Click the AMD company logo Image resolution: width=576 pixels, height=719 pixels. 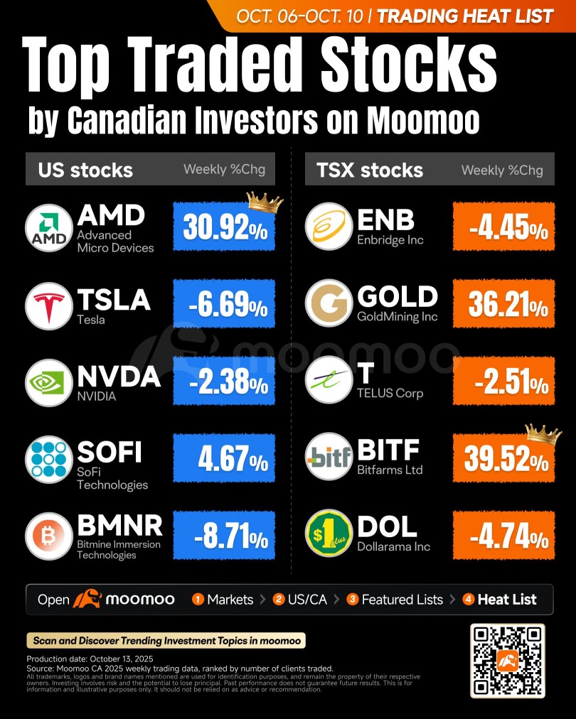tap(48, 228)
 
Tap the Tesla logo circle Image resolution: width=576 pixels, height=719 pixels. tap(48, 306)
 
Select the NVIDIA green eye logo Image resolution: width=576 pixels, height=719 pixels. tap(48, 383)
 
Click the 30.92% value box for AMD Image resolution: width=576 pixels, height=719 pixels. tap(224, 227)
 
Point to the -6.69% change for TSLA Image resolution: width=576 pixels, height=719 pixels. tap(224, 303)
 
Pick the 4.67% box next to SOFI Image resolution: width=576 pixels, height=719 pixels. tap(224, 458)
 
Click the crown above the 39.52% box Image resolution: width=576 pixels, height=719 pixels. tap(543, 434)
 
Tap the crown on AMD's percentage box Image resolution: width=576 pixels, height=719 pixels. tap(265, 202)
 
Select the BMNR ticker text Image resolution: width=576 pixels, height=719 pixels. tap(119, 526)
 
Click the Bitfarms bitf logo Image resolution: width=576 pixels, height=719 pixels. tap(329, 456)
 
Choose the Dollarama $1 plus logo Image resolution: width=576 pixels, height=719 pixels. tap(329, 533)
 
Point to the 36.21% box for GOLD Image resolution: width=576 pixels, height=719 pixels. tap(504, 303)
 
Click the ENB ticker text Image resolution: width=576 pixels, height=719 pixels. tap(385, 220)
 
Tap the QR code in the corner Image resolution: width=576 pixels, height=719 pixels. tap(508, 661)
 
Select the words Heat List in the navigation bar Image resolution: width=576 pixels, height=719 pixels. tap(507, 600)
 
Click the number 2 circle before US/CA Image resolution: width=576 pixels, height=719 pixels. tap(279, 600)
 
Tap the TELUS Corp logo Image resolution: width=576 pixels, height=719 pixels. tap(329, 380)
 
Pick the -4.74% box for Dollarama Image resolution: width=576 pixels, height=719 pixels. tap(504, 535)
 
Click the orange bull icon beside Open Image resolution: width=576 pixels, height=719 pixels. tap(87, 598)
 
